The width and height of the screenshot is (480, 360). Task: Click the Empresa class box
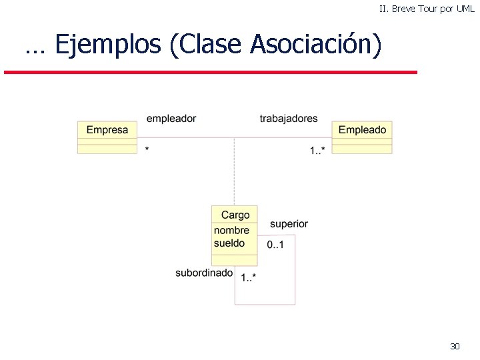pos(107,137)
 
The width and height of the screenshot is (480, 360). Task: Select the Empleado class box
pos(362,137)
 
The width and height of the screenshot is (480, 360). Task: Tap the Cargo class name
pos(235,215)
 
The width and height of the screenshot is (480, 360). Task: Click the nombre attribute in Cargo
pos(231,231)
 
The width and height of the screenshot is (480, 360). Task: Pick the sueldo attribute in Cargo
pos(229,243)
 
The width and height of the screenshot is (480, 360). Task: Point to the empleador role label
pos(171,119)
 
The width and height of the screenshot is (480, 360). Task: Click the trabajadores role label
pos(289,119)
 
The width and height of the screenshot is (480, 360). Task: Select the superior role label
pos(289,224)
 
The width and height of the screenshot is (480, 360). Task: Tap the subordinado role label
pos(204,273)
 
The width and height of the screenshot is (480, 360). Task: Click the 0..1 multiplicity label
pos(275,245)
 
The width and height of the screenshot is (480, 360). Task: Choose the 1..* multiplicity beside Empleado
pos(317,151)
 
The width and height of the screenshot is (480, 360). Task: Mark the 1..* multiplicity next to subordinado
pos(249,277)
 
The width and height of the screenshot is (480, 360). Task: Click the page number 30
pos(455,346)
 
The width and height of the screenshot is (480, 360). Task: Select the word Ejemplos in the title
pos(108,45)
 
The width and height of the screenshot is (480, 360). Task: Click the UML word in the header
pos(465,9)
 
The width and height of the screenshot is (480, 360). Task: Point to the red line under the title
pos(210,71)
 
